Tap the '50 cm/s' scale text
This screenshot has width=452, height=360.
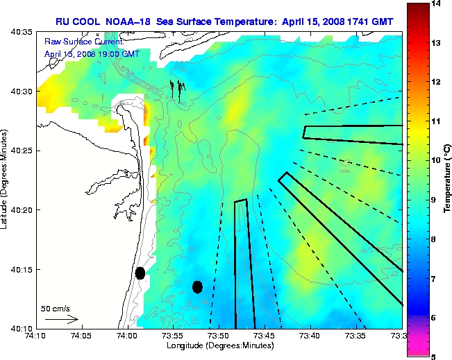[x=56, y=308]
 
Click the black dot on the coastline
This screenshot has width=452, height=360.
[x=140, y=273]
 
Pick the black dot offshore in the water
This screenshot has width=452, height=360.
[x=197, y=286]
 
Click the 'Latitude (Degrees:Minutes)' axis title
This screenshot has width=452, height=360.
[x=6, y=180]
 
